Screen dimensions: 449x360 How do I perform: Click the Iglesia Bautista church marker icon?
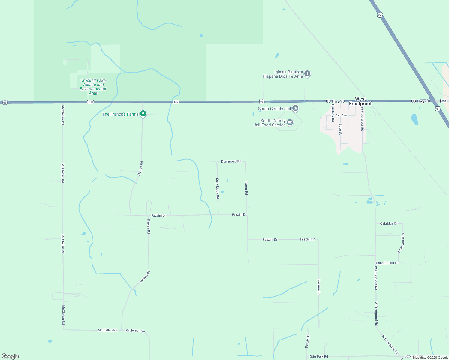click(307, 73)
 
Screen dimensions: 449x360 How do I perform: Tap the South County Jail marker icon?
click(295, 108)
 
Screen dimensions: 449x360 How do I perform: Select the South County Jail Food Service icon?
click(290, 122)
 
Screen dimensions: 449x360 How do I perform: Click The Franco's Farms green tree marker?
click(143, 114)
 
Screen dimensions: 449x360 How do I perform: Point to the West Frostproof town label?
click(360, 101)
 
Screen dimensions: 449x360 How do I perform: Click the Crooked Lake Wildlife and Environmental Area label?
click(93, 87)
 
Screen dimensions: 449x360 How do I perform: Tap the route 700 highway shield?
click(90, 102)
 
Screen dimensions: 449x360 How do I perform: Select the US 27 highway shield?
click(380, 15)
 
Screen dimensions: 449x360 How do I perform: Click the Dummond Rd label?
click(231, 161)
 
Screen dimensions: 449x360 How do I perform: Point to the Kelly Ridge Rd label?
click(218, 188)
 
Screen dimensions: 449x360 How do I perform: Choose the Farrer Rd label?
click(246, 188)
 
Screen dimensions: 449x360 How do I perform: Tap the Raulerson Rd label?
click(135, 331)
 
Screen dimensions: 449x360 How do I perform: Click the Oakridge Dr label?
click(389, 223)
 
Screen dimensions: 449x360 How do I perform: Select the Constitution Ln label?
click(387, 263)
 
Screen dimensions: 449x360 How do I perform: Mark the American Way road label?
click(401, 243)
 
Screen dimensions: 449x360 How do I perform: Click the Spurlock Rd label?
click(333, 113)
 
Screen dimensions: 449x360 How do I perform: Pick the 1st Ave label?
click(342, 115)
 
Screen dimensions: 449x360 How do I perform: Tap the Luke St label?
click(340, 129)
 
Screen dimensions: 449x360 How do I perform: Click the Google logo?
click(10, 356)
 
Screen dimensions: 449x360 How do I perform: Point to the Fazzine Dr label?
click(319, 287)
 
